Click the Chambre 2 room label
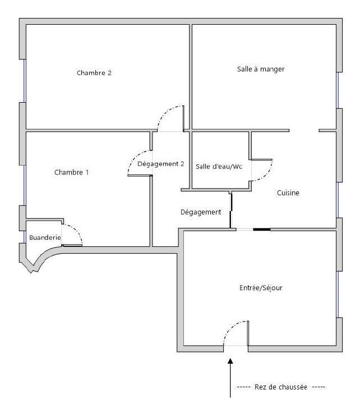pos(94,73)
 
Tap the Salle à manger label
pos(261,69)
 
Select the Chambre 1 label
pos(71,172)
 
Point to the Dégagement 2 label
pos(160,164)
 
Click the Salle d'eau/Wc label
pos(219,166)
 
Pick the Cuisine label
pos(288,193)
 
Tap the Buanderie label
pos(45,237)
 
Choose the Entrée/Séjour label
pos(261,288)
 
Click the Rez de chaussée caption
pos(281,387)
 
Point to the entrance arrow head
pos(230,361)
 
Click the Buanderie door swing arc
pos(77,230)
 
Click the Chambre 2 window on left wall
pos(25,81)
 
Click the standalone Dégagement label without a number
pos(201,212)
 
